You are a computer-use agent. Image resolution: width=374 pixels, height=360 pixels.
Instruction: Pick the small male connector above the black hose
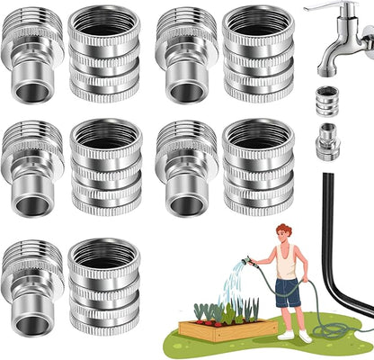(x=326, y=142)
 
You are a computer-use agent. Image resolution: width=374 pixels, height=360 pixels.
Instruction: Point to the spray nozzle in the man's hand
(x=247, y=262)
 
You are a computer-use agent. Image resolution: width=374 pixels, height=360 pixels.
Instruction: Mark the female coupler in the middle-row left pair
(x=103, y=167)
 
